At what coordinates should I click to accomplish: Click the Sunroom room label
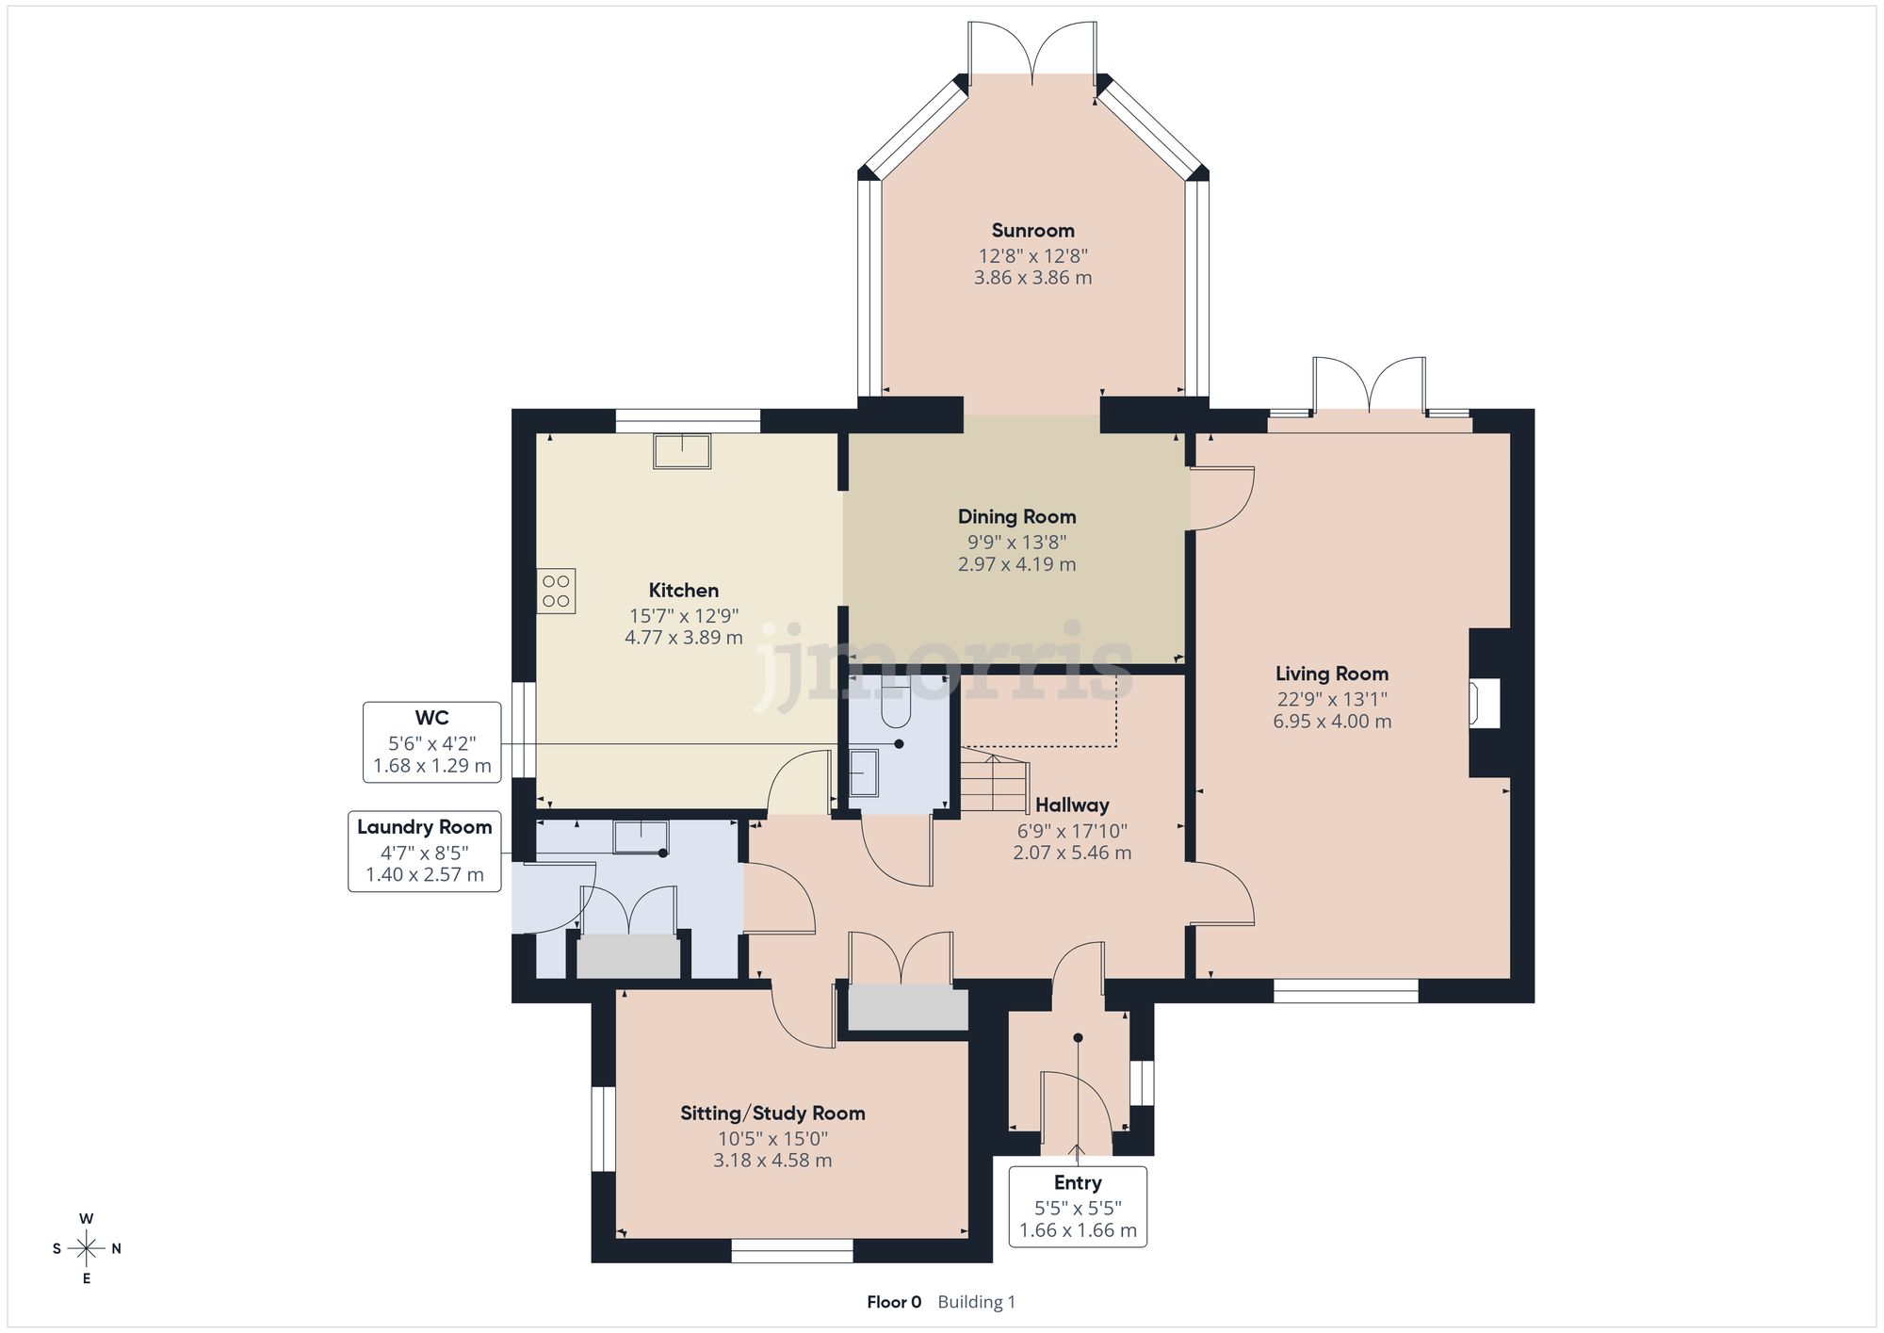pos(1032,231)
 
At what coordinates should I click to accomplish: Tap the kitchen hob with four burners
pos(556,592)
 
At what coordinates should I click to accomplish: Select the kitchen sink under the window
pos(682,451)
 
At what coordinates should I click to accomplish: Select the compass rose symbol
pos(87,1249)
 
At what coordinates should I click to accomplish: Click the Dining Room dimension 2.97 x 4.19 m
pos(1016,564)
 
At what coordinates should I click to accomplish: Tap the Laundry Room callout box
pos(424,851)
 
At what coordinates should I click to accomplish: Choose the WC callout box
pos(431,742)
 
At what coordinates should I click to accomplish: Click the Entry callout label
pos(1078,1183)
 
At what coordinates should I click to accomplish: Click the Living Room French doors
pos(1369,386)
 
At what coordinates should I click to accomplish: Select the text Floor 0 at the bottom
pos(893,1302)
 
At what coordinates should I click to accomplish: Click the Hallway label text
pos(1072,805)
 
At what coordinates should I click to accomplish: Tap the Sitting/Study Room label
pos(772,1114)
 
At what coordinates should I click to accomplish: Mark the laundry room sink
pos(641,837)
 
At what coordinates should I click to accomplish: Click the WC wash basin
pos(863,772)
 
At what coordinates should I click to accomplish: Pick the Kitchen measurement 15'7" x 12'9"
pos(684,616)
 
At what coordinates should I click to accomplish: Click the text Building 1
pos(976,1302)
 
